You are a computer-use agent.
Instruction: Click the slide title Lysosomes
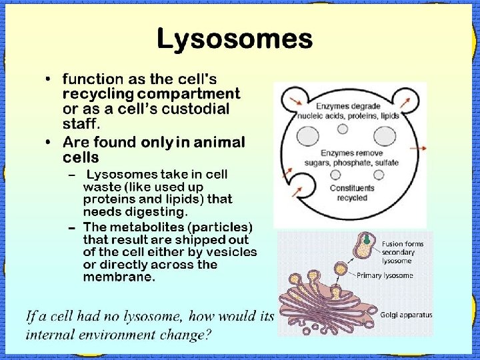click(x=234, y=39)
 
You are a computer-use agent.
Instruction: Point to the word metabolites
click(x=145, y=227)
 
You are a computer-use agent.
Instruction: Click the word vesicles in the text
click(x=231, y=252)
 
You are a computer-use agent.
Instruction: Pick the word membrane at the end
click(x=119, y=277)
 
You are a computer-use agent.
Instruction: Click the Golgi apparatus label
click(x=406, y=315)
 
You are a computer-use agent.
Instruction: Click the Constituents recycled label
click(x=352, y=193)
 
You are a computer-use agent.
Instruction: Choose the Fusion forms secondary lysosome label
click(x=402, y=252)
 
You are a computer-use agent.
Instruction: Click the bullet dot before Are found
click(x=49, y=143)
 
